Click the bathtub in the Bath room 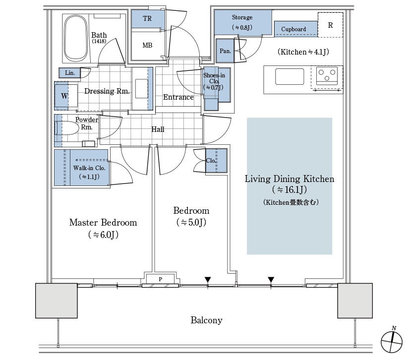pos(75,38)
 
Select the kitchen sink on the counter pos(290,76)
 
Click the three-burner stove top pos(327,77)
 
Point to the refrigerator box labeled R pos(331,25)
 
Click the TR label pos(147,18)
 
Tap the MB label pos(147,45)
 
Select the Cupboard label pos(293,29)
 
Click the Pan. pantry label pos(225,51)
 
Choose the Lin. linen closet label pos(70,73)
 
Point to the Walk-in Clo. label pos(89,168)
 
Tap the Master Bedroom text pos(103,223)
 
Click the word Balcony pos(206,320)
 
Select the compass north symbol pos(392,341)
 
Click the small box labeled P pos(161,279)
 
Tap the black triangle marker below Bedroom pos(208,280)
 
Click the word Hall pos(158,129)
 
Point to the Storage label pos(242,17)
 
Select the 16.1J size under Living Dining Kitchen pos(290,190)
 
